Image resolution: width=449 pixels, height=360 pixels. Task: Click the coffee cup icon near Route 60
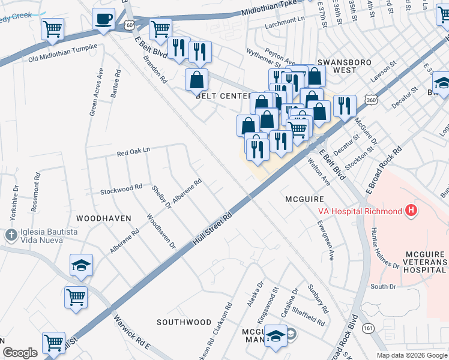pyautogui.click(x=104, y=19)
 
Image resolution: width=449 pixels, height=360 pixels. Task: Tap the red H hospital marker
pyautogui.click(x=411, y=211)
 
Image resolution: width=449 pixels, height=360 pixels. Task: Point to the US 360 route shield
pyautogui.click(x=369, y=103)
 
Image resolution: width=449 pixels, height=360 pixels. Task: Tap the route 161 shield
pyautogui.click(x=368, y=328)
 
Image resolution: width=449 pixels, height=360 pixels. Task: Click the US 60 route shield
pyautogui.click(x=130, y=25)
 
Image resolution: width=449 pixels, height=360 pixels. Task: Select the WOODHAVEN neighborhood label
pyautogui.click(x=103, y=218)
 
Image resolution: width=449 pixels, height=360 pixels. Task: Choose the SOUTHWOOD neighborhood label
pyautogui.click(x=184, y=322)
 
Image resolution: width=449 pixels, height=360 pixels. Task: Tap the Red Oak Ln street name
pyautogui.click(x=133, y=153)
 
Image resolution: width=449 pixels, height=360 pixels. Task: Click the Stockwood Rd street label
pyautogui.click(x=121, y=188)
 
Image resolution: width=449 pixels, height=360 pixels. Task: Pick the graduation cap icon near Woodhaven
pyautogui.click(x=80, y=266)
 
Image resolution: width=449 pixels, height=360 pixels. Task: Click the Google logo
pyautogui.click(x=20, y=353)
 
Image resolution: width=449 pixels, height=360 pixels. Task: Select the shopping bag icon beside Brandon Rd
pyautogui.click(x=196, y=79)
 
